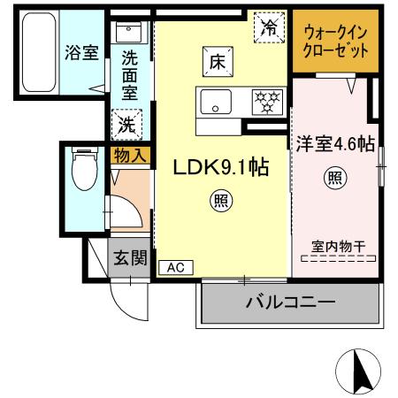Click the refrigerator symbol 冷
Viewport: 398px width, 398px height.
pyautogui.click(x=269, y=28)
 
